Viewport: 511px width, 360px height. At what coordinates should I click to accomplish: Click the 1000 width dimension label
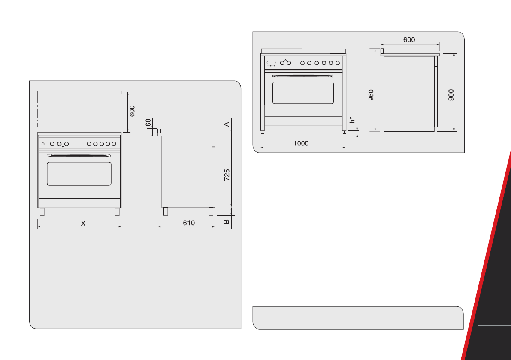click(x=301, y=144)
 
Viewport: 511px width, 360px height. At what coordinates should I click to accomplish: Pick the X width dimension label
click(x=84, y=223)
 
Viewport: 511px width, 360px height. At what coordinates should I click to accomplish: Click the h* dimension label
click(x=353, y=120)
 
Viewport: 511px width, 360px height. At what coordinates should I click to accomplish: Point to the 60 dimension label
click(x=148, y=123)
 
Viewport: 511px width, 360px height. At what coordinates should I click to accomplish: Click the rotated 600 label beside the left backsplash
click(x=132, y=111)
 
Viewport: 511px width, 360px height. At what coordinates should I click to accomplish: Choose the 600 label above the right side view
click(x=409, y=39)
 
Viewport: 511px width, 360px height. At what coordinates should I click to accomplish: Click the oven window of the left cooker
click(x=79, y=174)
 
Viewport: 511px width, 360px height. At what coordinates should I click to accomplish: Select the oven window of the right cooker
click(x=303, y=93)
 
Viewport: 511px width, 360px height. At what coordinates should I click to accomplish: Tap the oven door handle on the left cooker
click(x=79, y=155)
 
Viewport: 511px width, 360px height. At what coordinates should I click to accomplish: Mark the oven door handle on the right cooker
click(x=303, y=75)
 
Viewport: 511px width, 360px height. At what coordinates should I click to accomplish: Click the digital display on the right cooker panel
click(x=271, y=63)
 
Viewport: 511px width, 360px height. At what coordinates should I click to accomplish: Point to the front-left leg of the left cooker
click(x=42, y=212)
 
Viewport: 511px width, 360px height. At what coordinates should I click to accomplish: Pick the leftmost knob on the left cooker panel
click(x=43, y=144)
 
